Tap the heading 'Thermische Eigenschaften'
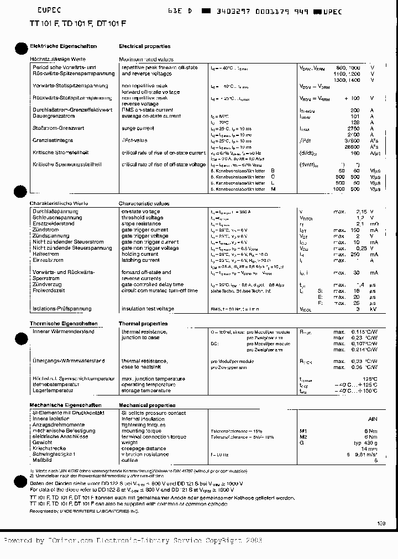[x=64, y=324]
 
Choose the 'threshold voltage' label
[x=142, y=218]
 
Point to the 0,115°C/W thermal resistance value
[x=363, y=331]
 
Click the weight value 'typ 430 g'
[x=365, y=442]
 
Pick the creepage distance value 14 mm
[x=369, y=449]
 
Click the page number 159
[x=381, y=523]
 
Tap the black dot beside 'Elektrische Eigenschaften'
[x=20, y=48]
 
